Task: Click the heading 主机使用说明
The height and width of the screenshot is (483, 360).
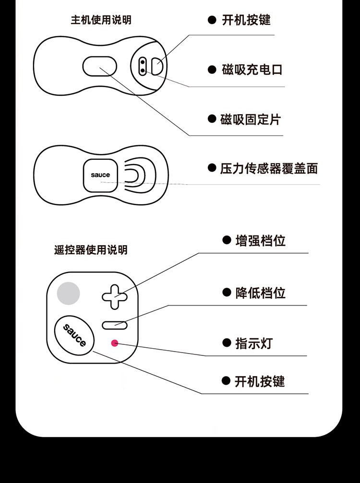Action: tap(101, 20)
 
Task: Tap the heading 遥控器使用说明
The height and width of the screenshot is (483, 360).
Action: tap(91, 250)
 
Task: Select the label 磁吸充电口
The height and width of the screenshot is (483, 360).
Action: tap(252, 70)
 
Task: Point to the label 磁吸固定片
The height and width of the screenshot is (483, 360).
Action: tap(250, 119)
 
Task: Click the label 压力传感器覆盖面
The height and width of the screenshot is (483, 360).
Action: tap(269, 168)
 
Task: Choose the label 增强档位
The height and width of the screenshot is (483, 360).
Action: tap(261, 240)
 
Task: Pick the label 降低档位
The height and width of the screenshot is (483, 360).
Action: tap(261, 293)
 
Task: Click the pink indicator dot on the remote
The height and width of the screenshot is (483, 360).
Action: tap(115, 343)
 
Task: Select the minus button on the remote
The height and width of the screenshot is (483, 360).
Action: tap(114, 325)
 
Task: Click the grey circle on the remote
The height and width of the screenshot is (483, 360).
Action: tap(68, 293)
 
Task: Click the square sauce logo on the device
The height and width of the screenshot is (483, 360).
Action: tap(100, 175)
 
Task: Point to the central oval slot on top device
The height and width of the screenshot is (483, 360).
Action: tap(100, 66)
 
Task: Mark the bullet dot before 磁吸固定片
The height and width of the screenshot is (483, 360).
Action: tap(212, 119)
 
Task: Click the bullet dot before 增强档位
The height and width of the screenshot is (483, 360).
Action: tap(227, 240)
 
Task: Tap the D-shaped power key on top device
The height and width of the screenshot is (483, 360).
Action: tap(157, 66)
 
